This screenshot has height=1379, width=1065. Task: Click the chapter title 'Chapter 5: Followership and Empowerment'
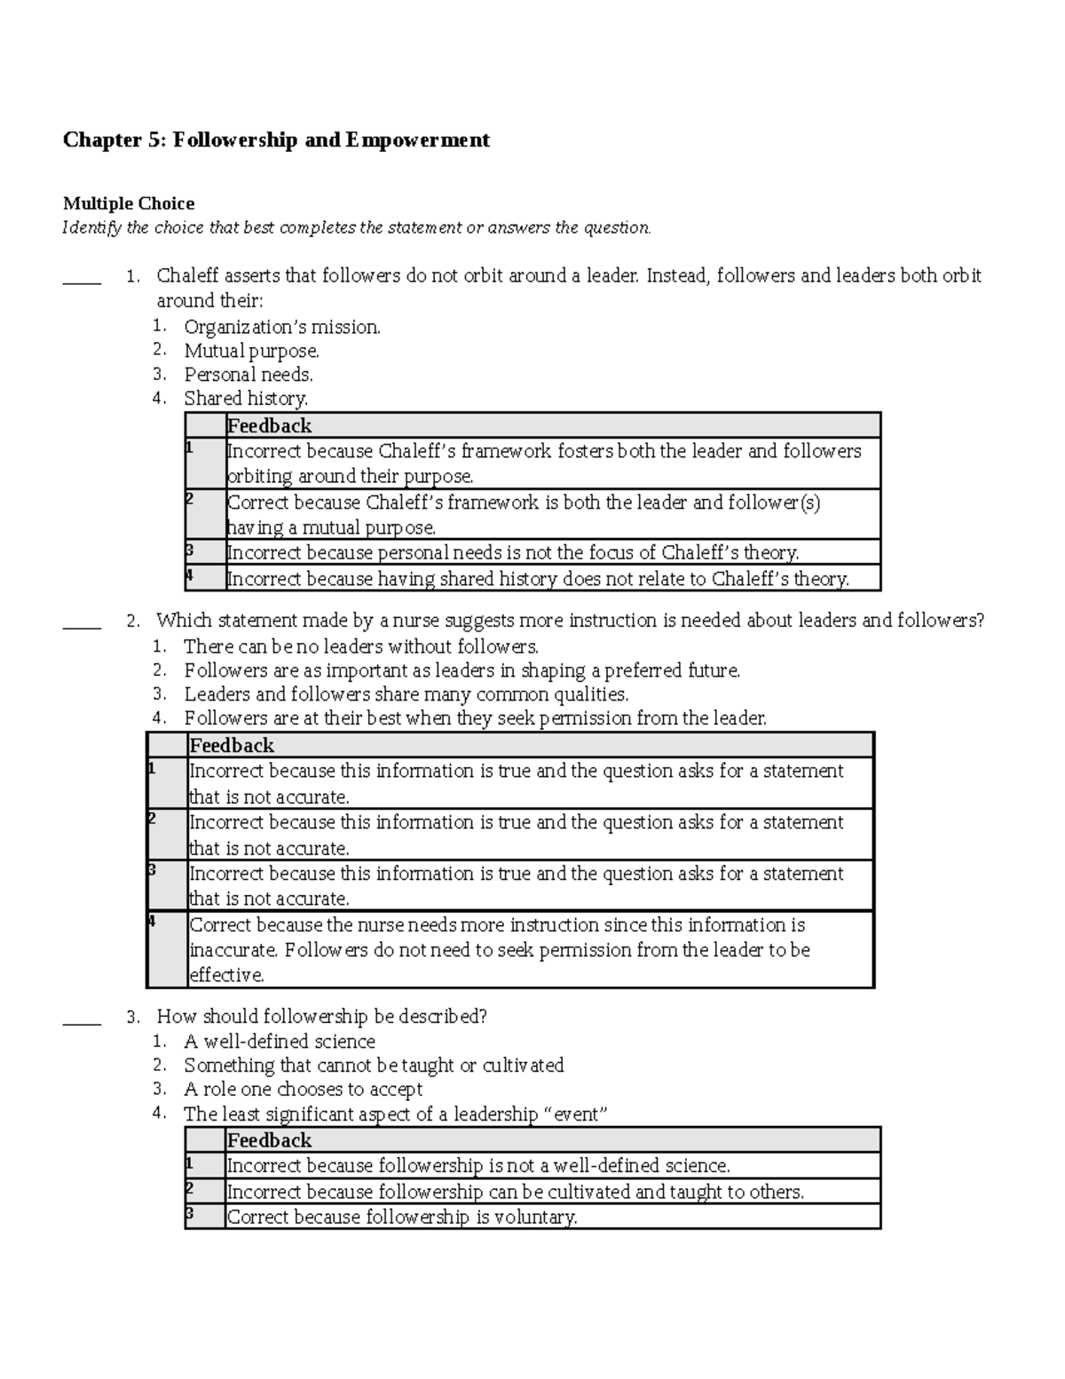click(275, 140)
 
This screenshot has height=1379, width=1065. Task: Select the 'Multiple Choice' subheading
click(128, 203)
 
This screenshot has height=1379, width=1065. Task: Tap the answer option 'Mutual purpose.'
click(251, 351)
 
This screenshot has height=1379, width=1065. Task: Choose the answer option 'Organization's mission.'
click(282, 327)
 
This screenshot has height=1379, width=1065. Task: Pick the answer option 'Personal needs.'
click(248, 375)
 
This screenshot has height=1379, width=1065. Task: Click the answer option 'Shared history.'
click(246, 399)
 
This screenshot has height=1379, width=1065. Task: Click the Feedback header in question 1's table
click(269, 425)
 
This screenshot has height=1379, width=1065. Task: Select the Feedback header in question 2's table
click(232, 745)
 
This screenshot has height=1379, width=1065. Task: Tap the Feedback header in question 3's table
click(269, 1140)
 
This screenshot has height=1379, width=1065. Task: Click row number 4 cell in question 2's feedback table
click(167, 948)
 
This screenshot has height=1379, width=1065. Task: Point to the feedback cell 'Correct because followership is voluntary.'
click(402, 1217)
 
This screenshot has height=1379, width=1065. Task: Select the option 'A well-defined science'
click(280, 1041)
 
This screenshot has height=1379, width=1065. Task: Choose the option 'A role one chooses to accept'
click(303, 1089)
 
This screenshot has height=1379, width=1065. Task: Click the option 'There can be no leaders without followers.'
click(361, 646)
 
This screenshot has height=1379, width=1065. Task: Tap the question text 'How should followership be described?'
click(321, 1016)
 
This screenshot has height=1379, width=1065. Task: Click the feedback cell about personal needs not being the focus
click(513, 552)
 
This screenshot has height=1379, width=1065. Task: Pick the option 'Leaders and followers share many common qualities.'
click(406, 694)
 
